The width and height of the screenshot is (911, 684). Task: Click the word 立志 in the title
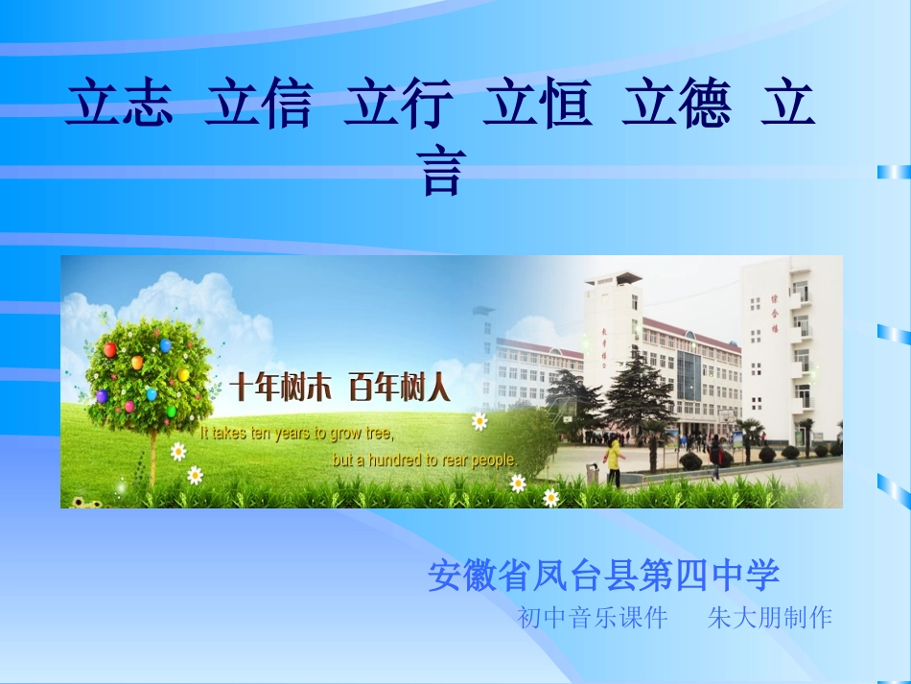click(120, 105)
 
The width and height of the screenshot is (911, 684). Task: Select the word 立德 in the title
click(676, 105)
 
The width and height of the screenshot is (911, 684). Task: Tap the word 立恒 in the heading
click(537, 105)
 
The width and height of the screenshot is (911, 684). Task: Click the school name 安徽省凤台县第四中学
click(603, 576)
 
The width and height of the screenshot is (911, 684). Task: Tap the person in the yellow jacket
click(612, 460)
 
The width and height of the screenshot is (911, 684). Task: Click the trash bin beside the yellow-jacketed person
click(593, 474)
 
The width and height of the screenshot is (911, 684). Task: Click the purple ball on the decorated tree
click(101, 396)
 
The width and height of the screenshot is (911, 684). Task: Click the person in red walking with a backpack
click(715, 456)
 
